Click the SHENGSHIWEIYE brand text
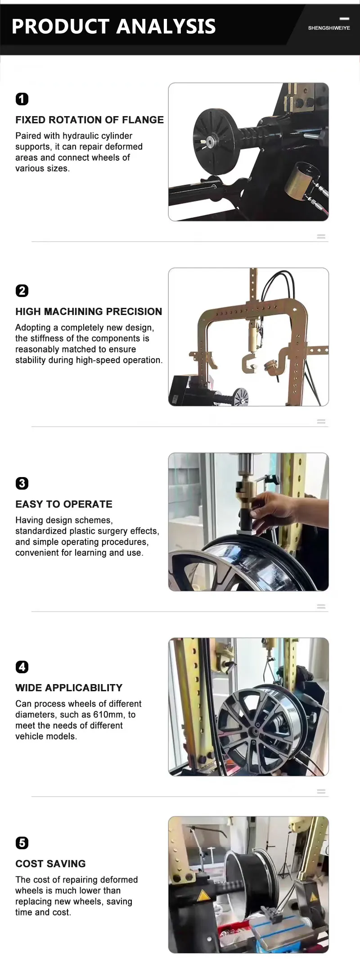pos(329,28)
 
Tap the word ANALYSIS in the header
pos(166,27)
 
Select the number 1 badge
pos(22,99)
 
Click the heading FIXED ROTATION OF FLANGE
pos(90,120)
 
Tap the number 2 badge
pos(22,291)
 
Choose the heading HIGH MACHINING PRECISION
pos(89,311)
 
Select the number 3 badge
pos(22,483)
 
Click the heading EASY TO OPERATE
pos(64,504)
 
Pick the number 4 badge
pos(22,667)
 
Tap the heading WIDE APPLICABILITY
pos(69,688)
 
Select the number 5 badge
pos(22,843)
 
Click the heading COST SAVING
pos(50,864)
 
